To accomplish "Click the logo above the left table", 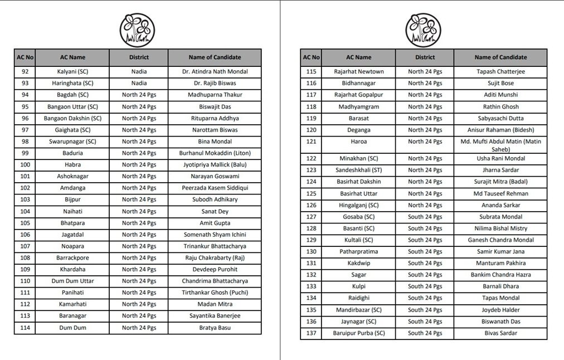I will [x=137, y=30].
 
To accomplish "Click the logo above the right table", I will [x=423, y=30].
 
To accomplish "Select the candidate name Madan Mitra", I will [x=215, y=304].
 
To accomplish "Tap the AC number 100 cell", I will [x=25, y=164].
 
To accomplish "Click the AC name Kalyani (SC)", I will [x=72, y=71].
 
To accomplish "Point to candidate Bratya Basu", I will [x=215, y=328].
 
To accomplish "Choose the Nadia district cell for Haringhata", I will [x=139, y=83].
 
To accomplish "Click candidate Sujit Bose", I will [x=500, y=83].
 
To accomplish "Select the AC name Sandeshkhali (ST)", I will [x=358, y=170].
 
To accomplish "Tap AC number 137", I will [x=311, y=333].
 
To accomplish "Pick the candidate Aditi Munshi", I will [x=500, y=95].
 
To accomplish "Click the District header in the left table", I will [x=139, y=57].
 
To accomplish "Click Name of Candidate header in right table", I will [x=500, y=57].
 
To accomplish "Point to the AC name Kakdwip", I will [x=358, y=263].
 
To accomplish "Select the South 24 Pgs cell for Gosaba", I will [x=425, y=217].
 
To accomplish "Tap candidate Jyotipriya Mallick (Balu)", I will [x=215, y=164].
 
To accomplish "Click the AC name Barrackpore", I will [x=72, y=258].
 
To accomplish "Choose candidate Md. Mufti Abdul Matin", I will [x=500, y=145].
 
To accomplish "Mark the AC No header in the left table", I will [x=25, y=57].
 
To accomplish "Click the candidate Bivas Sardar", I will [x=500, y=333].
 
